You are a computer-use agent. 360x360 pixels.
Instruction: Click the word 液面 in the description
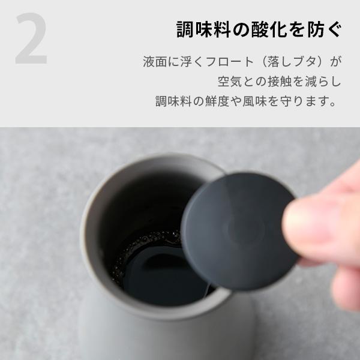point(151,62)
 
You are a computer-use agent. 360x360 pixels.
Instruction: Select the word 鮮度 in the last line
point(227,100)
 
